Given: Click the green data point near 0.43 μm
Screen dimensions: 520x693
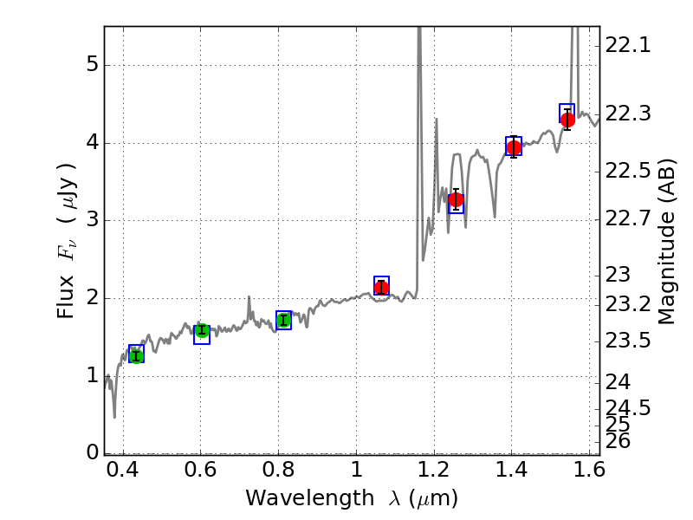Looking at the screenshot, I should pos(136,354).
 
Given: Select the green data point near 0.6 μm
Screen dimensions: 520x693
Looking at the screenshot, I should pos(202,330).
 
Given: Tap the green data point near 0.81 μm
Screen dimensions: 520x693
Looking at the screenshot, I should pos(283,321).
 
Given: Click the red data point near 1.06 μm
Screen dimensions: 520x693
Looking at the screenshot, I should pos(381,288).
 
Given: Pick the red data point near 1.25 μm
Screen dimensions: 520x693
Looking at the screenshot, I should pos(456,199).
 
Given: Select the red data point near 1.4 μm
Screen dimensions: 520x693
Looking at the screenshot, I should pos(514,147).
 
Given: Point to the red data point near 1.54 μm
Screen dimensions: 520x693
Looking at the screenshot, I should pos(567,120).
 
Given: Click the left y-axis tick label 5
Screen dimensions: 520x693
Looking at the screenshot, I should pos(91,66).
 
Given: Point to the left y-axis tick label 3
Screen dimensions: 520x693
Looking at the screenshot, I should pos(91,221).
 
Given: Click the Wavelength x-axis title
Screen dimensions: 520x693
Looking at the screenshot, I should pos(351,498).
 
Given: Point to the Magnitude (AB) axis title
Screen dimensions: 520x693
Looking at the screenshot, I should pos(666,240).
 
